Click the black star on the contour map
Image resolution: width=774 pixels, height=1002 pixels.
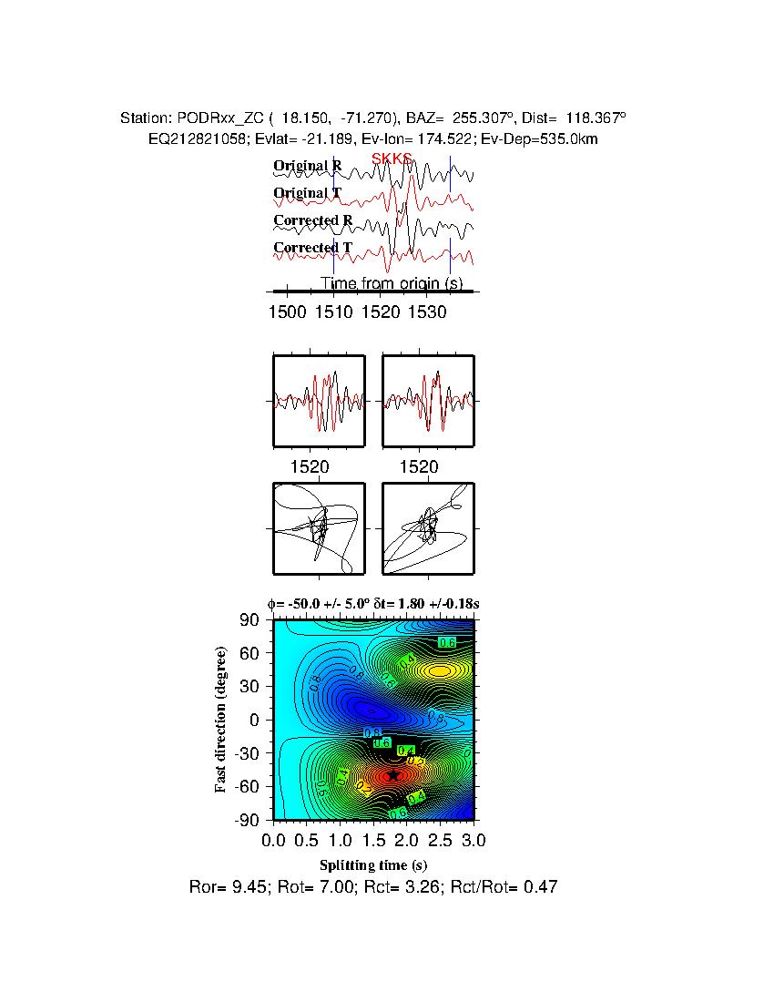(393, 775)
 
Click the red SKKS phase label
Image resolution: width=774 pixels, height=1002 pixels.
(392, 159)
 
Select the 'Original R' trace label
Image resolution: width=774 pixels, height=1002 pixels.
(308, 166)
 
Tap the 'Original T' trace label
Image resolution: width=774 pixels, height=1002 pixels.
(308, 193)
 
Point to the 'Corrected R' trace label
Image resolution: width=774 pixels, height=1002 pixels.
(312, 220)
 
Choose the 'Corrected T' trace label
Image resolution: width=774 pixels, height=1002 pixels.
(312, 248)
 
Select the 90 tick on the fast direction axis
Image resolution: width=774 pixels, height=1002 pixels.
(250, 620)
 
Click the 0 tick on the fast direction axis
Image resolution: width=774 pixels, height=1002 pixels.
(256, 721)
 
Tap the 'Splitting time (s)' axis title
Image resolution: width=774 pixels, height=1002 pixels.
(373, 864)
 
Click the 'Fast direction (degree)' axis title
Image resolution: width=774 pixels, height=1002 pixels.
(221, 720)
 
